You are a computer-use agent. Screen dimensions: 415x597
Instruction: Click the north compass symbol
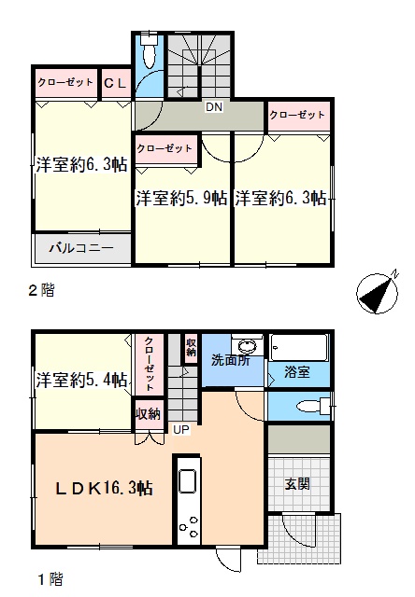[x=378, y=292]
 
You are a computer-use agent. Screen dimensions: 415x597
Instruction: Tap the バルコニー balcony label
[x=81, y=248]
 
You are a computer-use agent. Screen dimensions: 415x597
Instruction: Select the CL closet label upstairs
[x=115, y=83]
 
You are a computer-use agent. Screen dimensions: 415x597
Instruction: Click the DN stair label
[x=214, y=107]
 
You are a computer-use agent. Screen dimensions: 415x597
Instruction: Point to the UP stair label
[x=181, y=430]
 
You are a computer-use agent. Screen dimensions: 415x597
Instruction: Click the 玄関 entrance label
[x=297, y=484]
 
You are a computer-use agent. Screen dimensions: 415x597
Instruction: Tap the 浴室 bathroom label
[x=297, y=372]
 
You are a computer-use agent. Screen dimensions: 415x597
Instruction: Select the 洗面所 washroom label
[x=230, y=360]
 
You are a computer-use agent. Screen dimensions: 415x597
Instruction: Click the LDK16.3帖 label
[x=104, y=488]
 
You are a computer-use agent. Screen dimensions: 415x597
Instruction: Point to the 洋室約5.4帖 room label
[x=81, y=380]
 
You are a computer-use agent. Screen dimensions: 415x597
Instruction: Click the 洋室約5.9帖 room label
[x=181, y=199]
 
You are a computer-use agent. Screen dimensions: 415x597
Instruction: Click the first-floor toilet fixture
[x=313, y=407]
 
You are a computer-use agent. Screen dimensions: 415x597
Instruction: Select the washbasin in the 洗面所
[x=247, y=346]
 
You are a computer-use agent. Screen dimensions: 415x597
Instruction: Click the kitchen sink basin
[x=187, y=481]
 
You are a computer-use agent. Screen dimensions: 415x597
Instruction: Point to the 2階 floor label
[x=42, y=291]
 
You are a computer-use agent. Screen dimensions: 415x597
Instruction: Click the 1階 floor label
[x=50, y=580]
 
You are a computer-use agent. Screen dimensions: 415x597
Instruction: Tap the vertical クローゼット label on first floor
[x=150, y=363]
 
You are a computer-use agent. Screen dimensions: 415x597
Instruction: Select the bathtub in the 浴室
[x=299, y=348]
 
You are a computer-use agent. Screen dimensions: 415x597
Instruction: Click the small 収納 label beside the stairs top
[x=191, y=347]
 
